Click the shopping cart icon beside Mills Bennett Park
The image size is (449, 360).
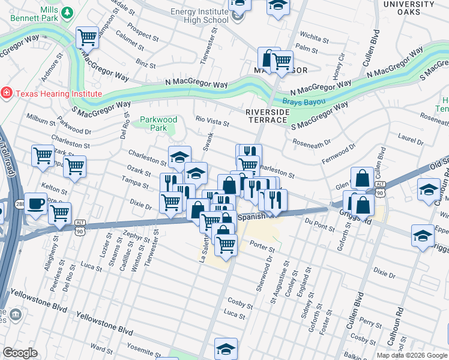87,38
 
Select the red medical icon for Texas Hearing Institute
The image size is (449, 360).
7,93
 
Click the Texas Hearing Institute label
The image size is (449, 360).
58,94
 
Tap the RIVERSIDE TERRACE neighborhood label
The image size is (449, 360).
266,116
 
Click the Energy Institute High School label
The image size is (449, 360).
199,16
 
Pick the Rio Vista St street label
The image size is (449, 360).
213,122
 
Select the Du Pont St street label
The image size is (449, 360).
319,226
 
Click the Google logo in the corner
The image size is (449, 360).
20,353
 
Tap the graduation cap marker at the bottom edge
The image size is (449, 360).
226,349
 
